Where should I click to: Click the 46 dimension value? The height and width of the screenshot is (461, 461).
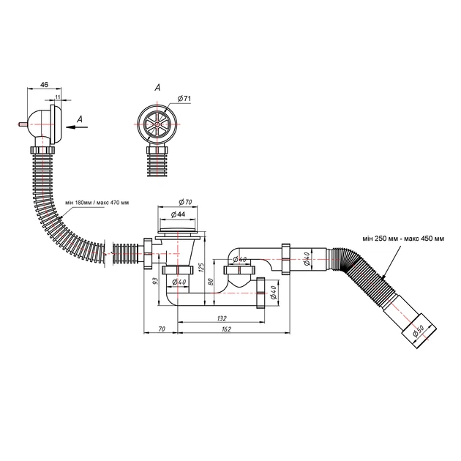(x=44, y=85)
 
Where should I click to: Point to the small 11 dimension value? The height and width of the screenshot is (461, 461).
(x=58, y=97)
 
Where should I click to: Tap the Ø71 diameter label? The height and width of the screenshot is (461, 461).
(x=184, y=99)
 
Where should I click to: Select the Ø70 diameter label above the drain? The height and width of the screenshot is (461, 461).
(x=186, y=202)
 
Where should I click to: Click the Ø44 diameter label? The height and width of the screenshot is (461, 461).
(x=178, y=214)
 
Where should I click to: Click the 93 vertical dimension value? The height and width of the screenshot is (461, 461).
(x=156, y=281)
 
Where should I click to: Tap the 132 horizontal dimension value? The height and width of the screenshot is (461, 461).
(x=222, y=318)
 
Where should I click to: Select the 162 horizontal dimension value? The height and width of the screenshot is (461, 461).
(x=226, y=329)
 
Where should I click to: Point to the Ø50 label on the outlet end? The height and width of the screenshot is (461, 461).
(x=418, y=331)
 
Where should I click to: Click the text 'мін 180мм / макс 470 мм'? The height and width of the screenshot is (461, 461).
(x=97, y=203)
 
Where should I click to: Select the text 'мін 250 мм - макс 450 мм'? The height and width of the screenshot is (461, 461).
(x=403, y=239)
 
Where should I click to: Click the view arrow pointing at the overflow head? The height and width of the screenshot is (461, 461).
(x=77, y=127)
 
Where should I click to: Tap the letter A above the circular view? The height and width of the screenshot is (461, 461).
(x=158, y=87)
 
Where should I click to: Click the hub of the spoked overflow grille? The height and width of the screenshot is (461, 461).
(x=157, y=124)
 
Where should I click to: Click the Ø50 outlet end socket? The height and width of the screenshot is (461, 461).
(x=419, y=331)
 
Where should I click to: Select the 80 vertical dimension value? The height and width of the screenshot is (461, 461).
(x=210, y=282)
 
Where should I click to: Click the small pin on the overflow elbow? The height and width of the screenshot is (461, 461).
(x=23, y=124)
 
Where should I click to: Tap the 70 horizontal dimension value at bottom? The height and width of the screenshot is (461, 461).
(x=162, y=329)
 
